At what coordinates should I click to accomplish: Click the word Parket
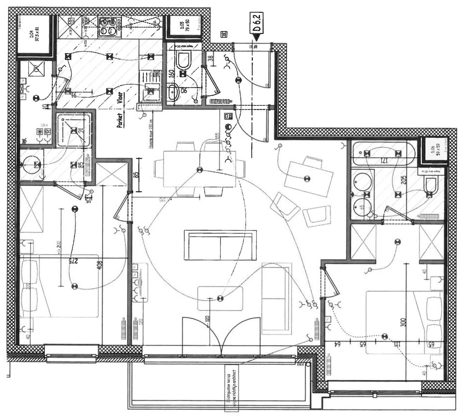point(120,120)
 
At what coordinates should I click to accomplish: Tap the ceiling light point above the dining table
point(199,170)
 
